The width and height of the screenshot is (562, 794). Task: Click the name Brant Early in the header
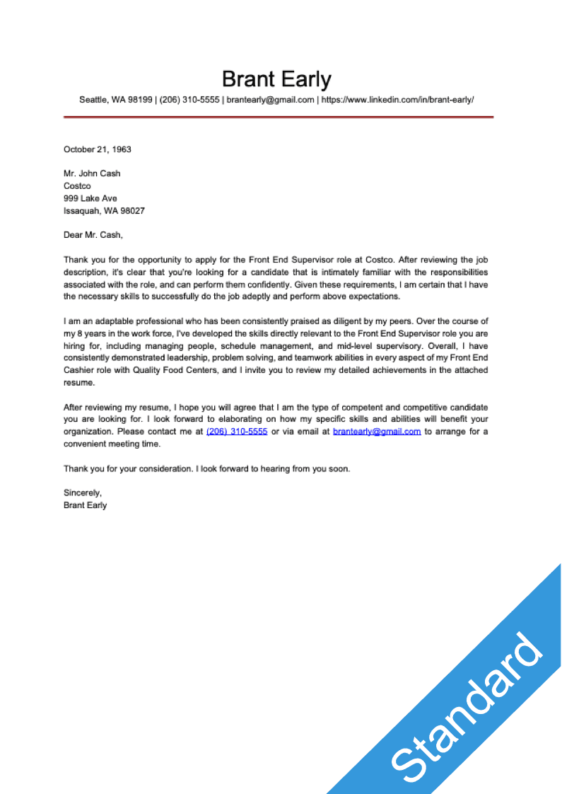click(x=276, y=79)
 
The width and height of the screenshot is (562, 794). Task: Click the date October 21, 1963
click(x=98, y=149)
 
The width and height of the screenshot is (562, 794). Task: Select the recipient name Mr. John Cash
click(x=92, y=173)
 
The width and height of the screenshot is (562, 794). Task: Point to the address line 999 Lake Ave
click(x=90, y=198)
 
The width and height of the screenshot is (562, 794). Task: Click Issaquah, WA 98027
click(x=104, y=211)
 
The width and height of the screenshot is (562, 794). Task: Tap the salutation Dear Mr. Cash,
click(x=93, y=235)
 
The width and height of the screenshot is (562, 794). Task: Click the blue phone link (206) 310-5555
click(x=237, y=431)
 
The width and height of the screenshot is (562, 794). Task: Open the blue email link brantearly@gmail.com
click(x=377, y=431)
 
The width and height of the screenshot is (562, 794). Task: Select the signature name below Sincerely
click(x=85, y=505)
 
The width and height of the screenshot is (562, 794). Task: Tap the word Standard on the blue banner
click(x=467, y=708)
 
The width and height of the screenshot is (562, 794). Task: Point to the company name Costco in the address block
click(x=77, y=186)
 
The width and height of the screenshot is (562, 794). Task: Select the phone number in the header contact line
click(x=189, y=100)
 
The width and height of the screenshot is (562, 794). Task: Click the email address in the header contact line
click(x=270, y=100)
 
